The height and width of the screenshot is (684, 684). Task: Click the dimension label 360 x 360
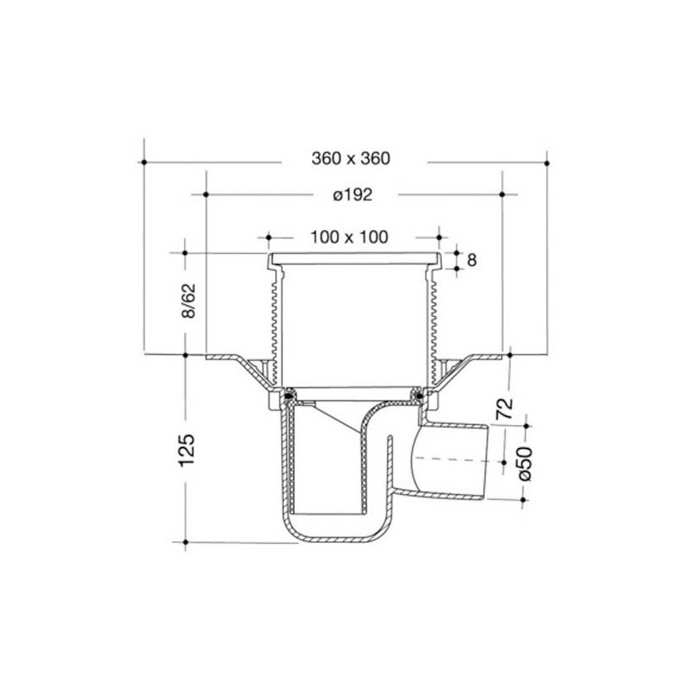[x=351, y=159]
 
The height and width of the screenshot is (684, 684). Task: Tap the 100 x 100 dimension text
[x=350, y=236]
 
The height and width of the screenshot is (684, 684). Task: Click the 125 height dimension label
[x=190, y=451]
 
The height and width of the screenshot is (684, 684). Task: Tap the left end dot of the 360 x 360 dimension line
[x=145, y=160]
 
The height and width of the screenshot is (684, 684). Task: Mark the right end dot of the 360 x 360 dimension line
[x=547, y=160]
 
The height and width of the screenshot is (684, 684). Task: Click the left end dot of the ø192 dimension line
[x=206, y=195]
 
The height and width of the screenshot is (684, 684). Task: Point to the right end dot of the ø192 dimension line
[x=502, y=195]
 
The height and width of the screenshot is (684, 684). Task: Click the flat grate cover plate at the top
[x=353, y=258]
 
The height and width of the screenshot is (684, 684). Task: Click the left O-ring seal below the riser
[x=290, y=395]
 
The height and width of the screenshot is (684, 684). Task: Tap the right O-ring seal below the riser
[x=417, y=395]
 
